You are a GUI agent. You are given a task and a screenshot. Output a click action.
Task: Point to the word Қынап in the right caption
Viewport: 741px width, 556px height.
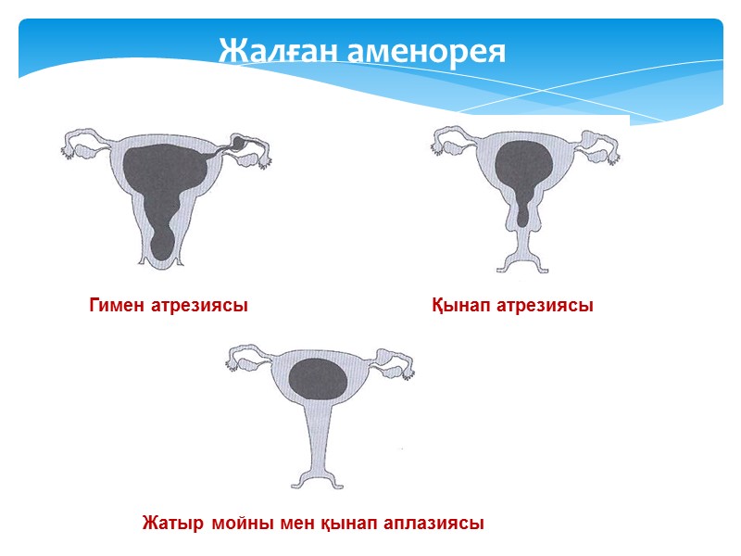click(x=459, y=305)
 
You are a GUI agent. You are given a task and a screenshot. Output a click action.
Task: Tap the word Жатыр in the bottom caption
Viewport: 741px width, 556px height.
click(x=173, y=523)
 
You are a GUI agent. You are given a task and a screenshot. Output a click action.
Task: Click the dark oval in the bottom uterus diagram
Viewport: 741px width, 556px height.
click(x=319, y=379)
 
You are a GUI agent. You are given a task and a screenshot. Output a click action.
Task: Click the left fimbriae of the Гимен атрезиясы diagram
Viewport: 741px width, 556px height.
click(x=69, y=146)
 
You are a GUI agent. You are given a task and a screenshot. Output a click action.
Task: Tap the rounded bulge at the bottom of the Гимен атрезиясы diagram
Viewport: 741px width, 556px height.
click(x=165, y=245)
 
